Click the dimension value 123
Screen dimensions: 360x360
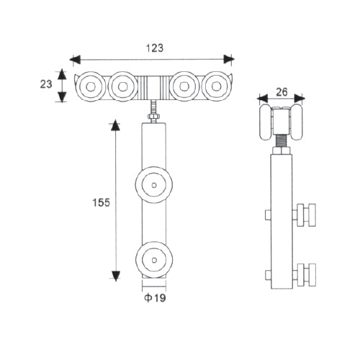click(153, 48)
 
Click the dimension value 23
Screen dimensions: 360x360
click(46, 84)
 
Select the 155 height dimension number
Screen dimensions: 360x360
click(101, 203)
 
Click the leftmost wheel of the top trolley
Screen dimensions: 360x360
click(91, 86)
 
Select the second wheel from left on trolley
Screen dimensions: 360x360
click(122, 86)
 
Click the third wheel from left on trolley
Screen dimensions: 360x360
click(184, 86)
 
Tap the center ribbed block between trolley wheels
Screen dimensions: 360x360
click(153, 87)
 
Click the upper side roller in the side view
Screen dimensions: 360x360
click(305, 214)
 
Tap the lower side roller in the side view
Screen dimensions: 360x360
click(305, 274)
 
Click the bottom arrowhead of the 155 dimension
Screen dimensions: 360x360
click(114, 275)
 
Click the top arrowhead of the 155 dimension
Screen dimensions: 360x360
click(114, 126)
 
